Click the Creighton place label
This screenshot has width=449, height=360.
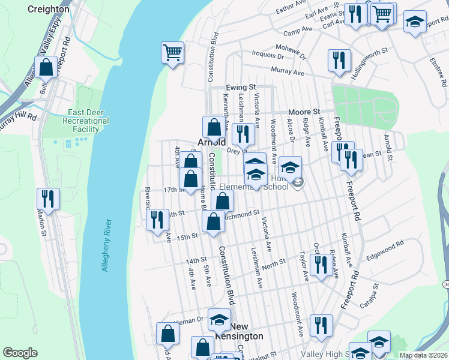point(49,10)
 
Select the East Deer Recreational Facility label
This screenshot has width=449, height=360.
point(88,121)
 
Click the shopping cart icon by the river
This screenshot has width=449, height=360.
point(172,53)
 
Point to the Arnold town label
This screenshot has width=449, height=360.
point(212,143)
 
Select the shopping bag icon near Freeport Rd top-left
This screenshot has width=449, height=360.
point(46,68)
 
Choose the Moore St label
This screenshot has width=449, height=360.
point(303,112)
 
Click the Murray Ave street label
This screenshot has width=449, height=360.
point(288,72)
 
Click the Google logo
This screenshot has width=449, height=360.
point(20,353)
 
